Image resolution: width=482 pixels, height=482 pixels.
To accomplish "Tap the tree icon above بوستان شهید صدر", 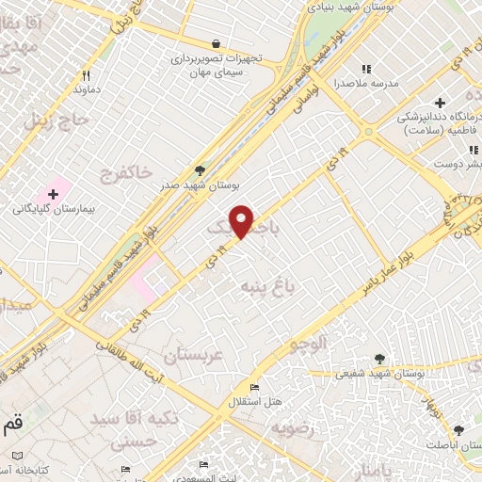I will (200, 170).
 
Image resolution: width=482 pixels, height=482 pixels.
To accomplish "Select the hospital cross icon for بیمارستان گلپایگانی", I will (53, 193).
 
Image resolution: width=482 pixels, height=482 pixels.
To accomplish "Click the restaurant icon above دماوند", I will (86, 75).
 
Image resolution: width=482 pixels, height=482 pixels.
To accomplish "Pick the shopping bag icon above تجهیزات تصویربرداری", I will (216, 43).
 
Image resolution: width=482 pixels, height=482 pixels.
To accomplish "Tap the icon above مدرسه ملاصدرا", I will (366, 69).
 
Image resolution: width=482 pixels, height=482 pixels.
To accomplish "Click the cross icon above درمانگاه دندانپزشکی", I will (439, 102).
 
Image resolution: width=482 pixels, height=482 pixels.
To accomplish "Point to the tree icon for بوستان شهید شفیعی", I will (379, 359).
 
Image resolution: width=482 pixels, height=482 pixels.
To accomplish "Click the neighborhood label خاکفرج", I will (124, 172).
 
